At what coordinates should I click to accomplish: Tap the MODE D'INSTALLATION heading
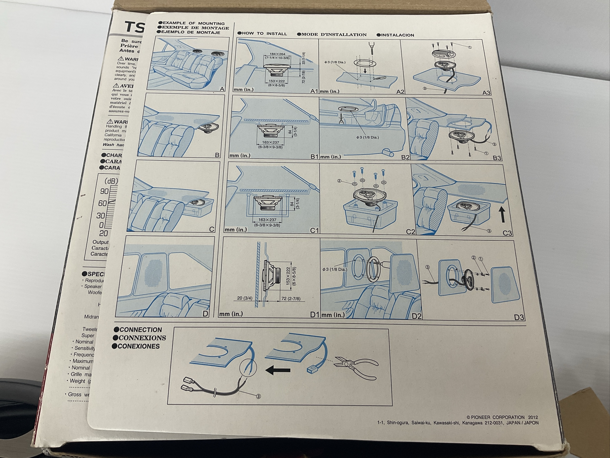pos(334,35)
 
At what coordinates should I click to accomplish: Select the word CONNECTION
pos(140,330)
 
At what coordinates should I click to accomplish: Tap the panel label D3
pos(519,317)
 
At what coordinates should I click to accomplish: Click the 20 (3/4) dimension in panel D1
pos(244,298)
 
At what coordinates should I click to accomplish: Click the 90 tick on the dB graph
pos(105,191)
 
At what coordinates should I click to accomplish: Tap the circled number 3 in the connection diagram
pos(258,396)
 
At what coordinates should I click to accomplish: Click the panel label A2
pos(400,92)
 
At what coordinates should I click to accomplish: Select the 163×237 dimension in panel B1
pos(269,142)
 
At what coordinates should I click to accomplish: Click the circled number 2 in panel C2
pos(339,181)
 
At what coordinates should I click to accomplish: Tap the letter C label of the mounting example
pos(212,229)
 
